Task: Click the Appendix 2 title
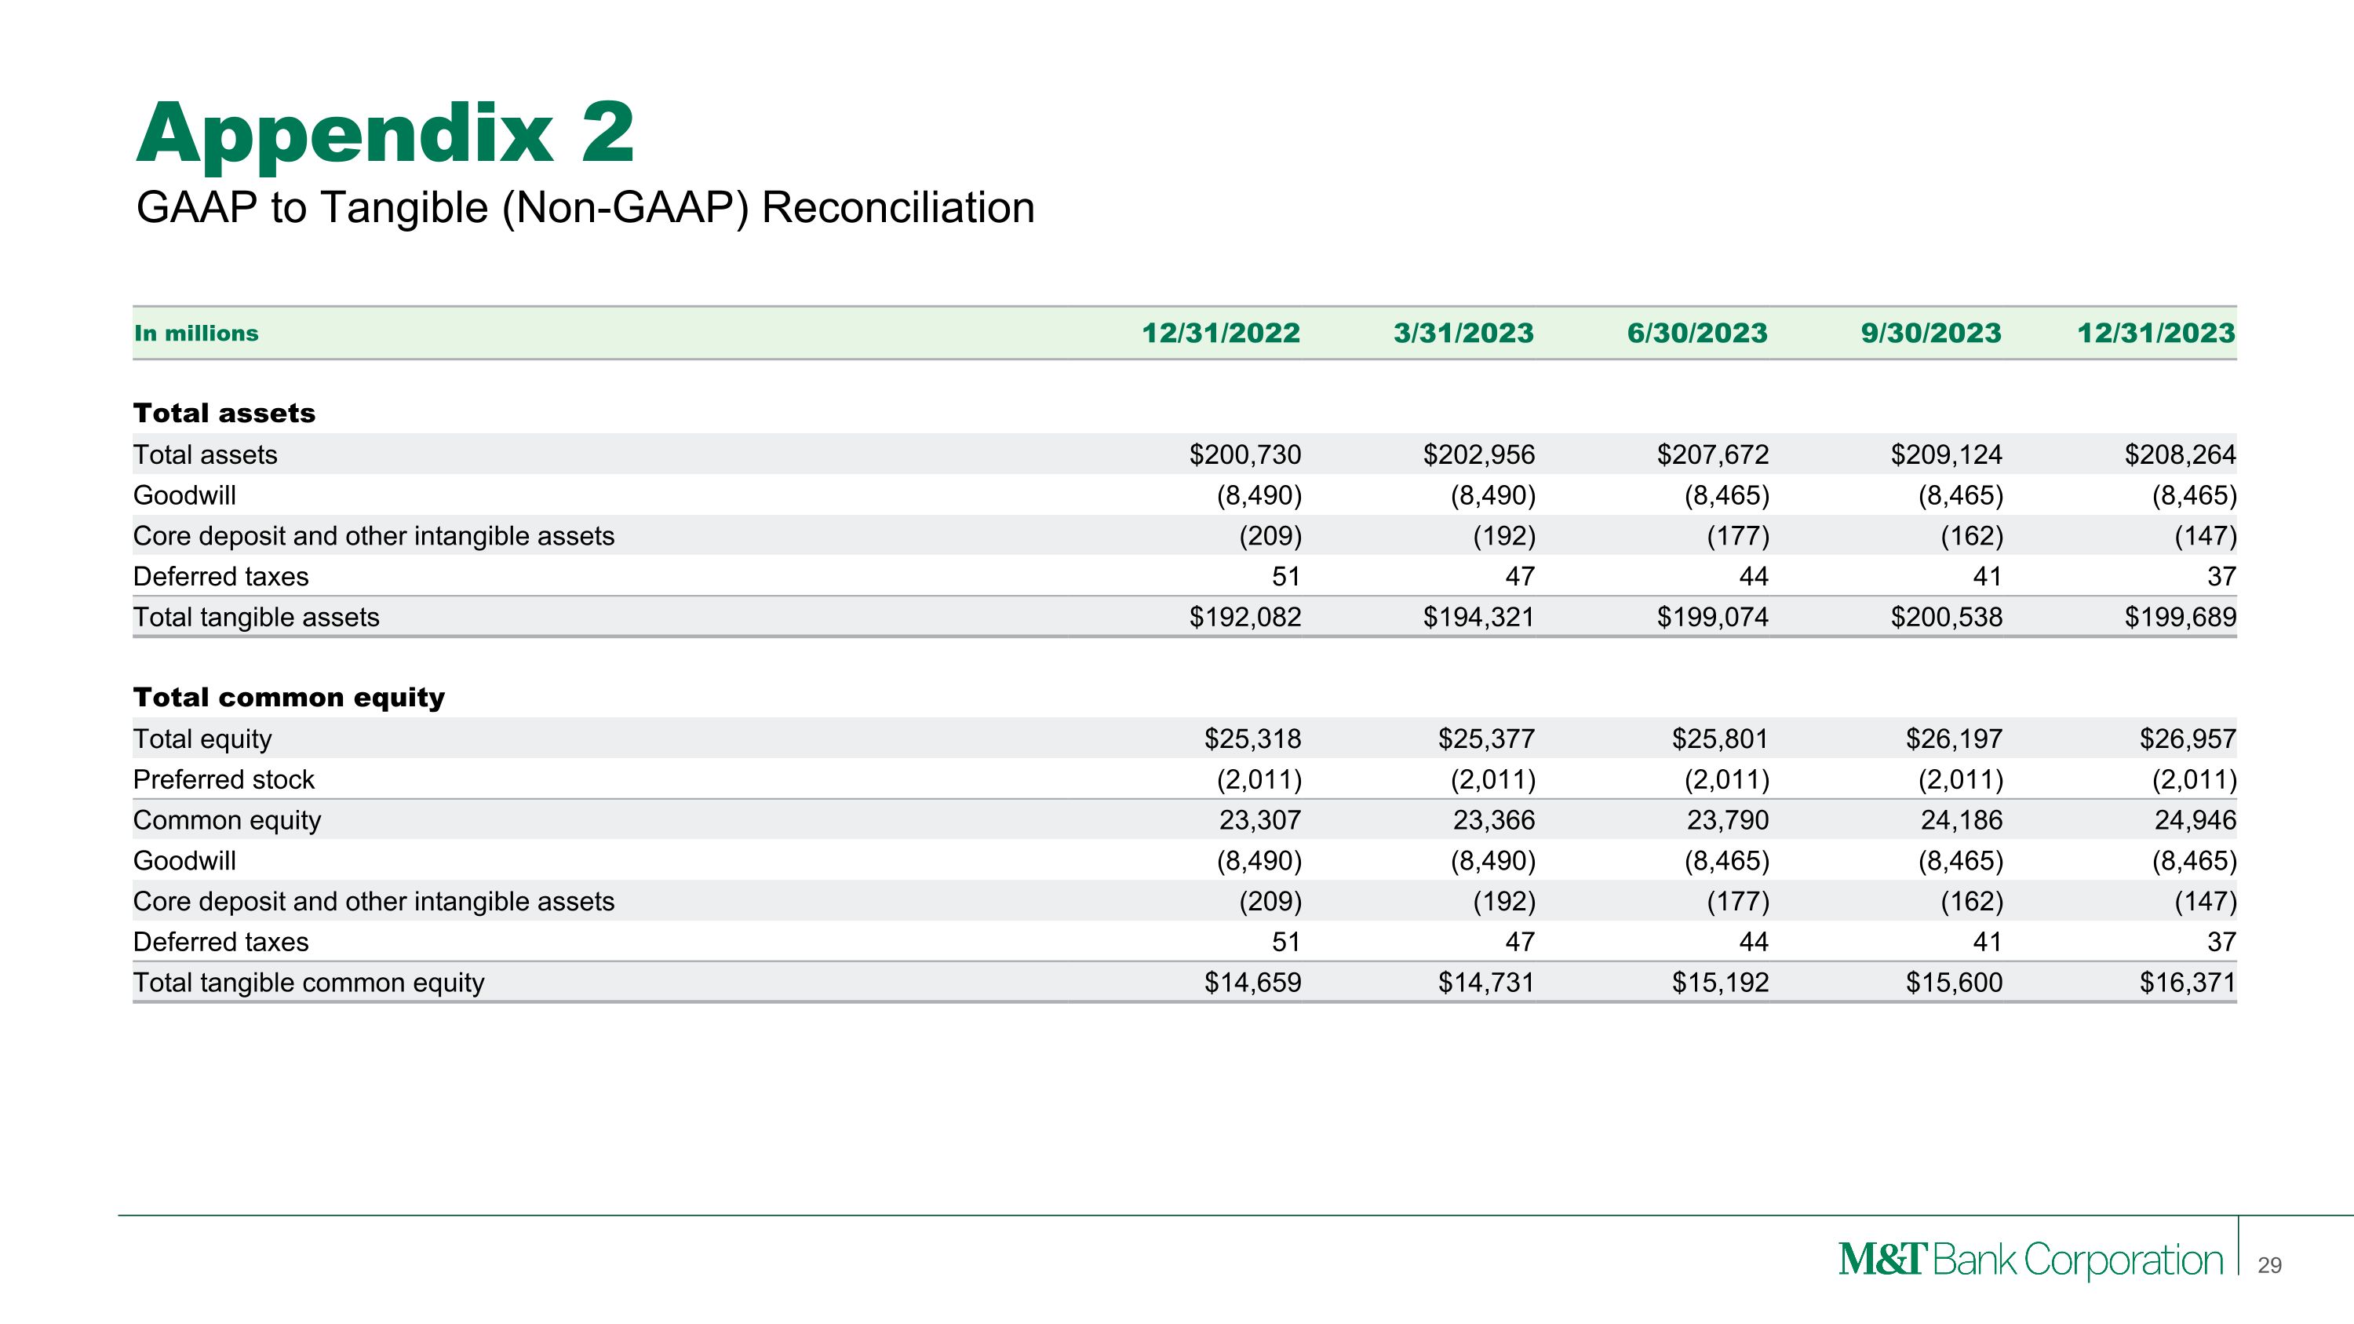(384, 134)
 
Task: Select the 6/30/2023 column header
(1697, 333)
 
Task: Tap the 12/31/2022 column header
(1221, 333)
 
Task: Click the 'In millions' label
(196, 334)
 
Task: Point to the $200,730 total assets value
(1244, 454)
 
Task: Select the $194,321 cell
(1478, 617)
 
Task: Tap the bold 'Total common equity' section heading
(289, 697)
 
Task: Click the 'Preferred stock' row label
(224, 779)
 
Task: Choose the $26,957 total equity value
(2187, 739)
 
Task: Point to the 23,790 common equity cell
(1727, 819)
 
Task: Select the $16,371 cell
(2187, 983)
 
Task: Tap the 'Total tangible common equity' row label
(309, 983)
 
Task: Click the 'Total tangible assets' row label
(256, 617)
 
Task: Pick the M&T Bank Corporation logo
(2031, 1260)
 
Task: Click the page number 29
(2269, 1265)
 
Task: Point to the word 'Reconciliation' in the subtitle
(898, 207)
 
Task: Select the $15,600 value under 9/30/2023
(1954, 983)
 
